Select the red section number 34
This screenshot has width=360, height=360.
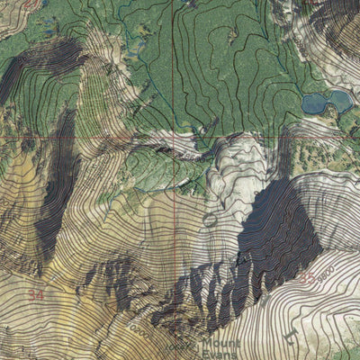tap(35, 293)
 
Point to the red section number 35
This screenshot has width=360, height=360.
tap(307, 279)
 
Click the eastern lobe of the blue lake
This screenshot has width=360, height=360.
tap(340, 98)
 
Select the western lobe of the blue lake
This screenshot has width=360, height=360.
tap(315, 103)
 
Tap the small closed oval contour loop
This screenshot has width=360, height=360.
tap(210, 219)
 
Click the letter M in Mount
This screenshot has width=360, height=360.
tap(208, 343)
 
